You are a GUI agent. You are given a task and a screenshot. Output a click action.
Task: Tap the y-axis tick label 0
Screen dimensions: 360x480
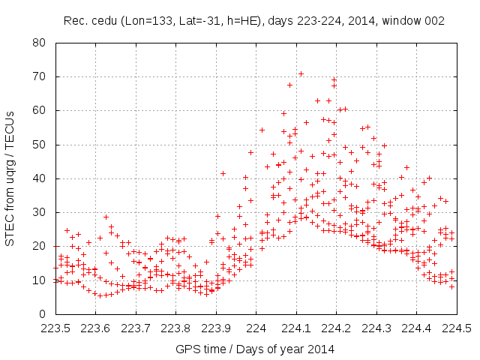pos(43,314)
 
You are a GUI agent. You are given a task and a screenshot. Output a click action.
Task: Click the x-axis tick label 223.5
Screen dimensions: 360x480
pos(55,328)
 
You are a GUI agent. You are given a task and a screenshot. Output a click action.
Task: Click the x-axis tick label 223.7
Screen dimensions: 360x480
pos(136,328)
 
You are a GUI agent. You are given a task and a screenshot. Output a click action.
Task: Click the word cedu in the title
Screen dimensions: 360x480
pos(101,22)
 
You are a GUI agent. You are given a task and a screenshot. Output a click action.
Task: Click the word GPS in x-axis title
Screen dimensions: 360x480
pos(186,349)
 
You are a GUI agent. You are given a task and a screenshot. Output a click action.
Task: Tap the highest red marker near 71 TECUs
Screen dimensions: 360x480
pos(301,73)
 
